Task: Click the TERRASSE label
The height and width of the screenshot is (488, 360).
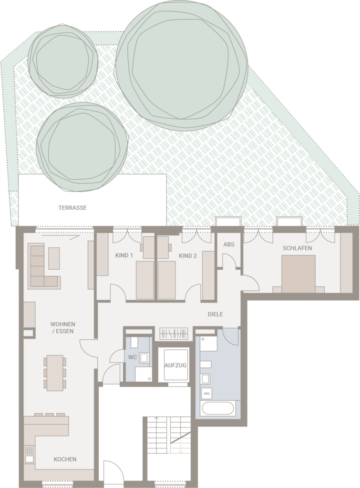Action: (x=72, y=208)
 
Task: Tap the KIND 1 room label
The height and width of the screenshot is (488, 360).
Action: (x=124, y=255)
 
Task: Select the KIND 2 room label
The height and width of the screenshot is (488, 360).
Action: (x=187, y=256)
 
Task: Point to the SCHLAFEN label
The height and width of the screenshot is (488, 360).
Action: (x=297, y=248)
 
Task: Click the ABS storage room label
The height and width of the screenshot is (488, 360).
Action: (x=228, y=244)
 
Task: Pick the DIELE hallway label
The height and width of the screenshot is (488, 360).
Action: (x=215, y=315)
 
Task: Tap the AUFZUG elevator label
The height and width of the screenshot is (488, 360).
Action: (x=175, y=366)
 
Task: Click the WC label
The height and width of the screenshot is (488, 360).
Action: (x=133, y=357)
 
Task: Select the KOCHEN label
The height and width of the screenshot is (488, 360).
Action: (x=65, y=459)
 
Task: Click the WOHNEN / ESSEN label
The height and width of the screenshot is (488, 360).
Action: (x=62, y=328)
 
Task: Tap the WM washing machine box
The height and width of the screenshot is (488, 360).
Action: (x=206, y=393)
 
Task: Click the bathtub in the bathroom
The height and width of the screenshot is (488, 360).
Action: (x=218, y=408)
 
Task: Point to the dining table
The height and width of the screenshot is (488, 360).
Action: (x=55, y=373)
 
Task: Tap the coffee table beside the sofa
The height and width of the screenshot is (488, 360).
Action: (x=54, y=258)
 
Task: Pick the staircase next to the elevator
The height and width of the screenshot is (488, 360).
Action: (x=168, y=435)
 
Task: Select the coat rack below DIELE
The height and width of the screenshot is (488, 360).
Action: (x=174, y=334)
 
